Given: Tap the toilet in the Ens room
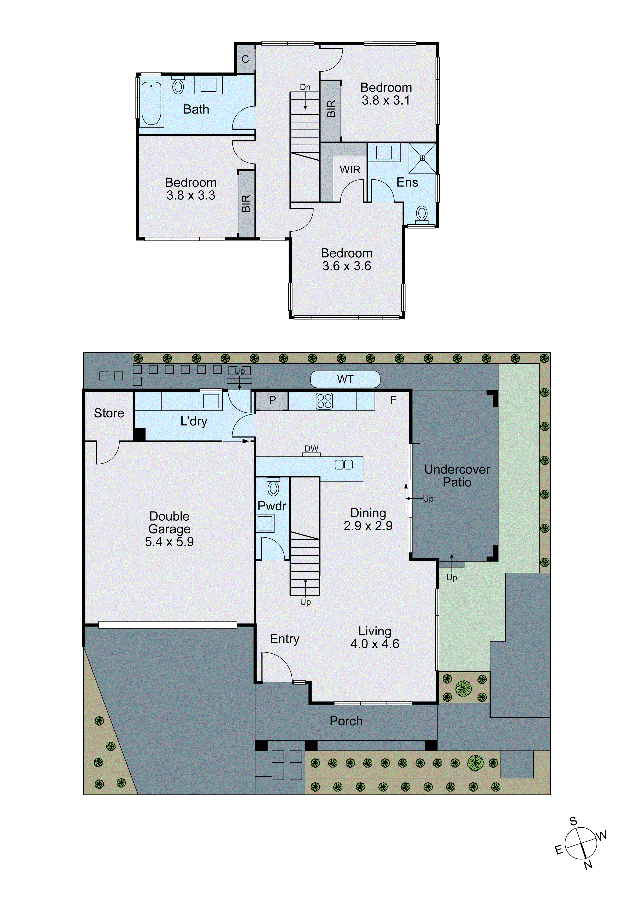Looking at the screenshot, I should [x=421, y=214].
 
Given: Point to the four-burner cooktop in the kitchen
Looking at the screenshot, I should [x=324, y=401].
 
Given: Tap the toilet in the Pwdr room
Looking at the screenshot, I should [x=273, y=488].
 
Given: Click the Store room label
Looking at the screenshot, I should [x=109, y=413].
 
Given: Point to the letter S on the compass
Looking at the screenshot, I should [x=573, y=821].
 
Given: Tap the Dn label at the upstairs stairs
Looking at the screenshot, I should [x=305, y=87].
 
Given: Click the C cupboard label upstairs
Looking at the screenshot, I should [x=245, y=59].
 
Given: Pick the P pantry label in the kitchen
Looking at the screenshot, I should [x=273, y=400].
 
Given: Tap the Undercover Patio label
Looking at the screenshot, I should [x=457, y=475].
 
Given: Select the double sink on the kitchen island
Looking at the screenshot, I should [x=344, y=465].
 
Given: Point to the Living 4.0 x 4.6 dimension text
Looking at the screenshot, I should [x=375, y=644].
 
